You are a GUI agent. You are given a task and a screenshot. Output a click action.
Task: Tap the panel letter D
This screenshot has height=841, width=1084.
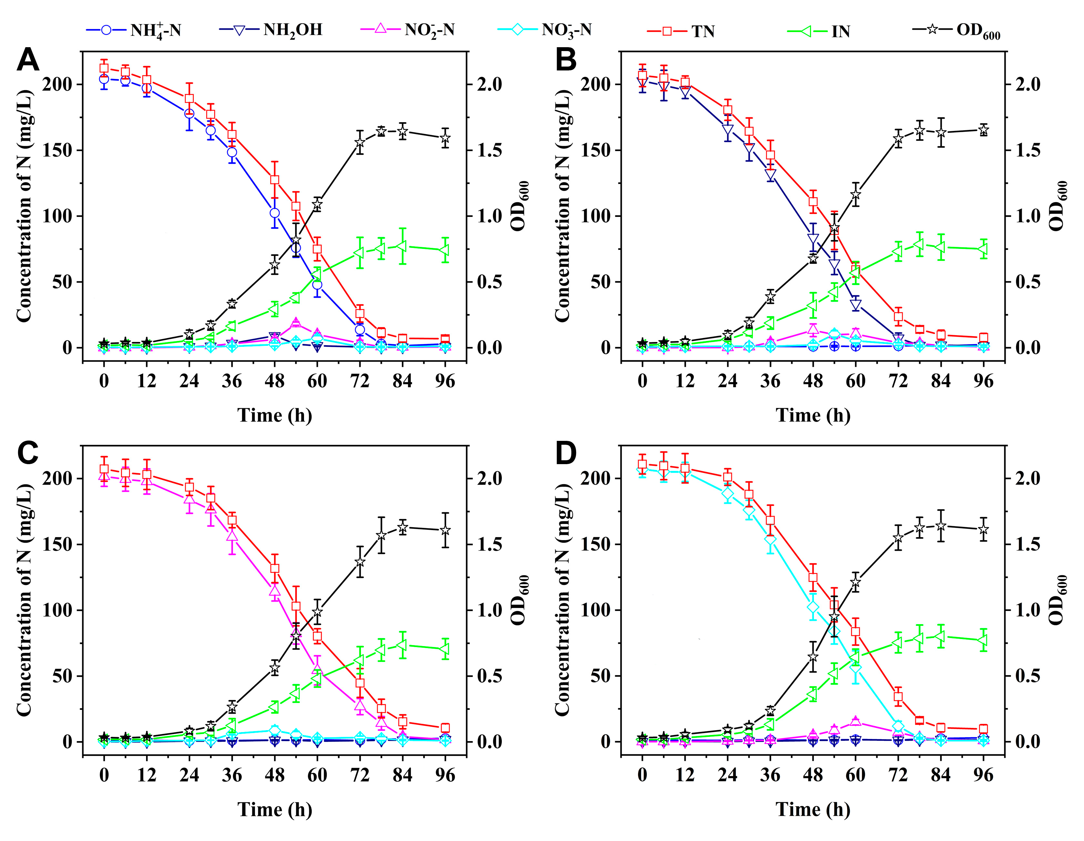point(565,454)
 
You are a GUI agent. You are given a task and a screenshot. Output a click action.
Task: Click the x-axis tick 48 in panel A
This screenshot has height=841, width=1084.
point(275,381)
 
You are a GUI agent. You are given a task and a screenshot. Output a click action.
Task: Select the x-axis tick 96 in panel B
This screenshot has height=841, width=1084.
point(983,381)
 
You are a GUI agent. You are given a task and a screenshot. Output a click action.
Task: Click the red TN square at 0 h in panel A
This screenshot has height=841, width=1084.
point(104,69)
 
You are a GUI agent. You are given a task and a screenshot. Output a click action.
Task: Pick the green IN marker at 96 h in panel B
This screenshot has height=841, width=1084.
point(983,249)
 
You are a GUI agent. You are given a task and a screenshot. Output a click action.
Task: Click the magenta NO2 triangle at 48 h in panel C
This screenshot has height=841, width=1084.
point(275,591)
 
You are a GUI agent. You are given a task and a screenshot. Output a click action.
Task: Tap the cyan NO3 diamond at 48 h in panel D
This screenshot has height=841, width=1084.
point(813,607)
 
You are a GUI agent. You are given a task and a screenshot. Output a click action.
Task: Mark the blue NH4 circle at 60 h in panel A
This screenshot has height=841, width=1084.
point(317,285)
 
